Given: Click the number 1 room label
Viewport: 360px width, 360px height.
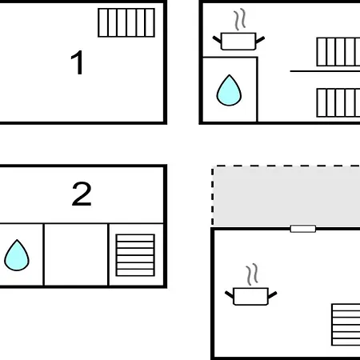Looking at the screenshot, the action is click(78, 62).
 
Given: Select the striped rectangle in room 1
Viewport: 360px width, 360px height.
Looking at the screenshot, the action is click(126, 22).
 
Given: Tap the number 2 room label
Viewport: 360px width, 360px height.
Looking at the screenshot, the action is click(82, 194).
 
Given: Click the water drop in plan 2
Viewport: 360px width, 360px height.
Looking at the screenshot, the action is click(17, 255).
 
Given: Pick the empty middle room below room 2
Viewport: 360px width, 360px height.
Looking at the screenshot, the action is click(76, 254).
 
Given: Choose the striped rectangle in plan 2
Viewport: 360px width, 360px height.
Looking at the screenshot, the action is click(135, 255).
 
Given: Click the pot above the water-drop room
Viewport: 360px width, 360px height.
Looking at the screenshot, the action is click(238, 42).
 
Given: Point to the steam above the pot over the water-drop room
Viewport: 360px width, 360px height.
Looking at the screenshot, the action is click(240, 19).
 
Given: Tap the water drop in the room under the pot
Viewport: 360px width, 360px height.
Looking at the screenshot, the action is click(229, 90).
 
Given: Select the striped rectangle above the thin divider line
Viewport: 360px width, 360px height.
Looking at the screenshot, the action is click(338, 52).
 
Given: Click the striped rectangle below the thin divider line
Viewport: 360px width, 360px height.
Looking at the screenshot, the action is click(338, 102).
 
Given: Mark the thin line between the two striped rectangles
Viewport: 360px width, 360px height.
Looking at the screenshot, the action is click(325, 71).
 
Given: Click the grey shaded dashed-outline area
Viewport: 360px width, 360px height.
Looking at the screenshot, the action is click(286, 196).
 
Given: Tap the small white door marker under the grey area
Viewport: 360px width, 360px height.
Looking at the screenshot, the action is click(303, 229).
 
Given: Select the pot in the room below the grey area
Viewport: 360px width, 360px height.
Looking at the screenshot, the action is click(250, 296).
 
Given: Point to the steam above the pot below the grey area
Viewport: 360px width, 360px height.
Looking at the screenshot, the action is click(252, 274).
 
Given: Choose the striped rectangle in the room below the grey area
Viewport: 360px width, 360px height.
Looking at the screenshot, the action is click(346, 325).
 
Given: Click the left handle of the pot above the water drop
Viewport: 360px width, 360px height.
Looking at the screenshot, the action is click(217, 40).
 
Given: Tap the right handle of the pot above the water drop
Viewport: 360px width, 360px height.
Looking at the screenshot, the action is click(260, 40).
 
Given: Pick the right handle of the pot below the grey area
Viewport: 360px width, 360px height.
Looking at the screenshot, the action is click(273, 294).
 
